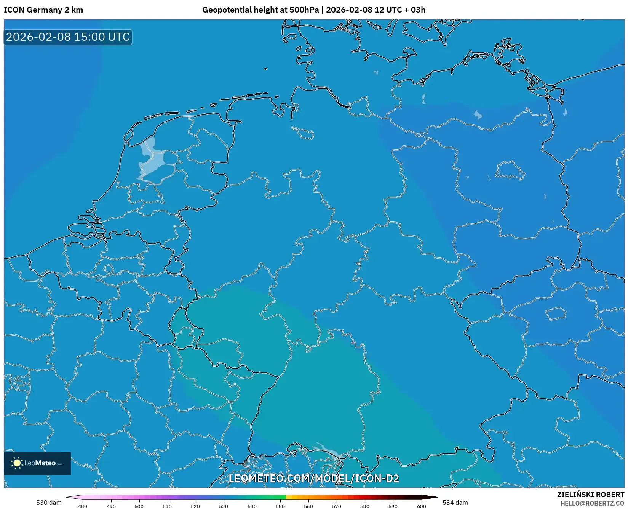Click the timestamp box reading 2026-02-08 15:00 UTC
[x=68, y=37]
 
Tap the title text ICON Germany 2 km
[x=43, y=10]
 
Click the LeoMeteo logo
[x=37, y=463]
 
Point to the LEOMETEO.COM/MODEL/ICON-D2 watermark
[x=313, y=478]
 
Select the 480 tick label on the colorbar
[x=83, y=506]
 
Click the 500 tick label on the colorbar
[x=139, y=506]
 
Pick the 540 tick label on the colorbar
[x=252, y=506]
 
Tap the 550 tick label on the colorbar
[x=280, y=506]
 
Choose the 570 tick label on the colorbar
[x=337, y=506]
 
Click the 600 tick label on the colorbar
[x=421, y=506]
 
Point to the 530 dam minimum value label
[x=49, y=503]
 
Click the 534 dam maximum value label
[x=455, y=503]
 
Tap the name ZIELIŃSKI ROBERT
[x=591, y=495]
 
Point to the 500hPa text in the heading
[x=304, y=10]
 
